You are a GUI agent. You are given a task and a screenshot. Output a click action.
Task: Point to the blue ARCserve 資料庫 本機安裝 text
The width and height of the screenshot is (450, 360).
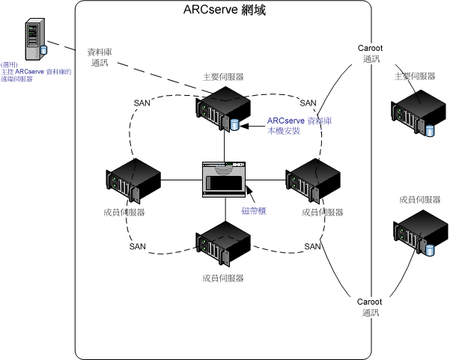tap(300, 125)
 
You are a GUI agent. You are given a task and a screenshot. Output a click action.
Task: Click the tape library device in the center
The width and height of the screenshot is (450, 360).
tap(225, 177)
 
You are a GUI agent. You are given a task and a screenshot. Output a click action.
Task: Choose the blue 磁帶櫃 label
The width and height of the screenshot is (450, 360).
tap(255, 211)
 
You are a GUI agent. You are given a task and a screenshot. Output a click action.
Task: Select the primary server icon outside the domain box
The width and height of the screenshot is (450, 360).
tap(411, 112)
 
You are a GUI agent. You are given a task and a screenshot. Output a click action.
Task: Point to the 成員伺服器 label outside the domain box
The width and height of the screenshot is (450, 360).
tap(419, 200)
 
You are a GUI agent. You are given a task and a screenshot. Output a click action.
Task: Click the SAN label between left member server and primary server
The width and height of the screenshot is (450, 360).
tap(142, 103)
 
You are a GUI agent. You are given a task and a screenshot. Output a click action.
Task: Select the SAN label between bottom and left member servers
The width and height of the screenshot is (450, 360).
tap(138, 246)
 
